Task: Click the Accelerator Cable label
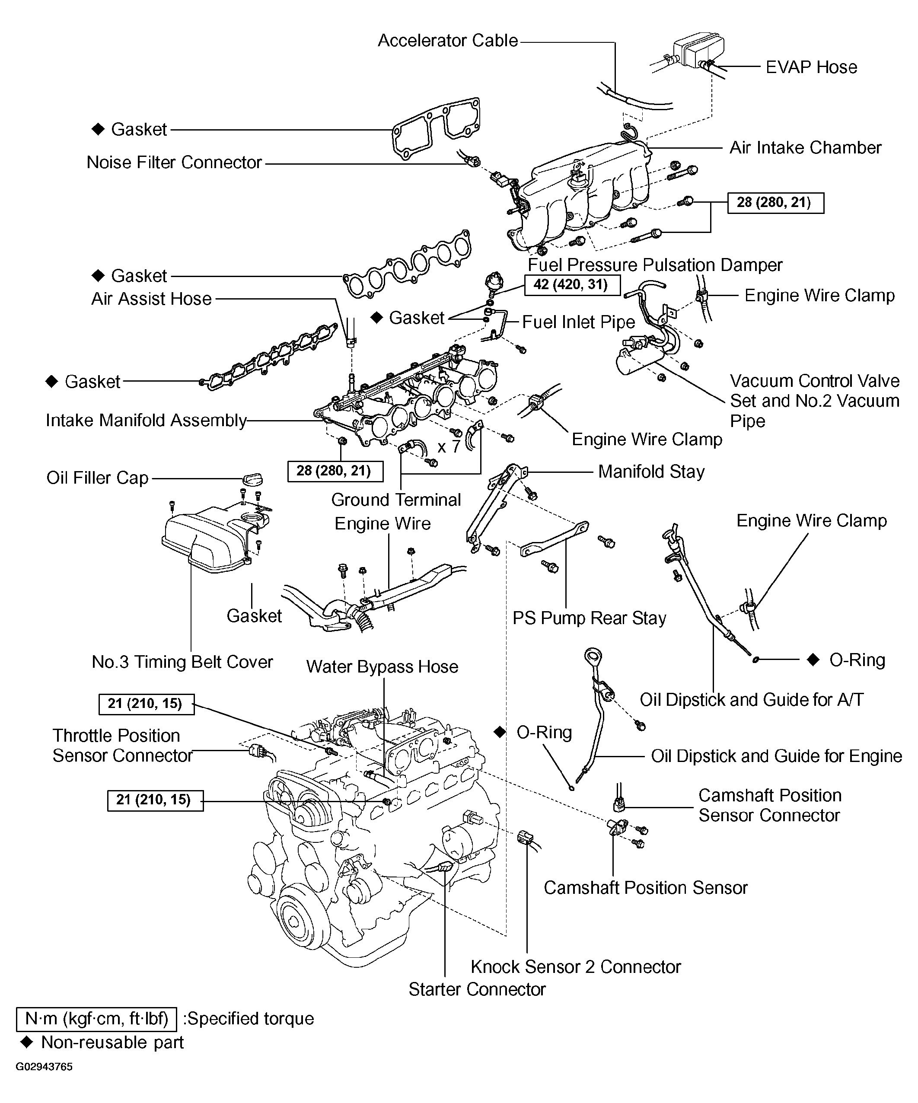pos(447,41)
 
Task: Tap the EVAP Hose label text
pos(811,67)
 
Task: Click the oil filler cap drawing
pos(252,478)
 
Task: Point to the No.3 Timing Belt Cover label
pos(182,662)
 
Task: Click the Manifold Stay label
pos(651,472)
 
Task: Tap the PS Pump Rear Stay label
pos(589,618)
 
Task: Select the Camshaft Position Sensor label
pos(645,888)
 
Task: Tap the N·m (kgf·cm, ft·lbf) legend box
pos(97,1018)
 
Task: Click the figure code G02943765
pos(44,1067)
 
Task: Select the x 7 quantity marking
pos(449,447)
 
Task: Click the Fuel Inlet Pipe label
pos(578,322)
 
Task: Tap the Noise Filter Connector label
pos(174,163)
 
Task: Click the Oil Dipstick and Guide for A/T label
pos(751,700)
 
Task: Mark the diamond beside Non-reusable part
pos(26,1042)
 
